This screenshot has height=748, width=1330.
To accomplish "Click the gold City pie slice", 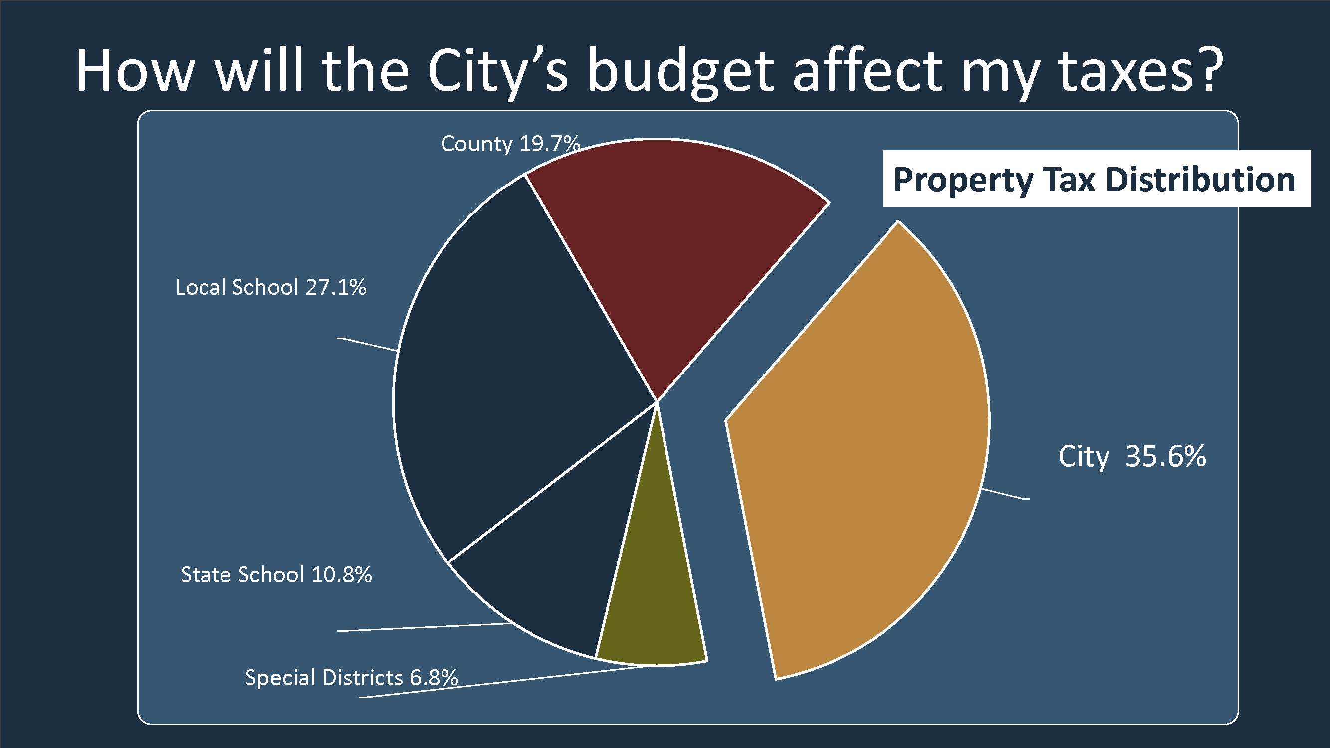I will point(857,454).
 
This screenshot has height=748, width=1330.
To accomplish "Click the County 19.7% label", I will point(510,144).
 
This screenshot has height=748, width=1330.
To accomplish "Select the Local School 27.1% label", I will point(270,288).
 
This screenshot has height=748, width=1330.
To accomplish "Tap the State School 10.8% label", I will point(276,575).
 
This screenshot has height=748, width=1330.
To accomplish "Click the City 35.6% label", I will point(1132,457).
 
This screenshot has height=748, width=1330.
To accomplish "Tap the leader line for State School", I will point(424,627).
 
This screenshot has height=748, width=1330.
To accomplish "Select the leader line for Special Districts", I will point(501,681).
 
